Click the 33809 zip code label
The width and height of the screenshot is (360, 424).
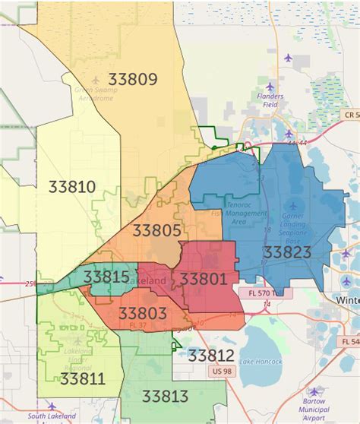132,79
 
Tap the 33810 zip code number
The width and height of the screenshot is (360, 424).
71,186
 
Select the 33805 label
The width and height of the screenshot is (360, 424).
156,230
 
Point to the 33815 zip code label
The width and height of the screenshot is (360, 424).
106,277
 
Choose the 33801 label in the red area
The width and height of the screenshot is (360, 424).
203,280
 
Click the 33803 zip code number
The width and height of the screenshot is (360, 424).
143,312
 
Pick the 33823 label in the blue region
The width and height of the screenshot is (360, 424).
287,252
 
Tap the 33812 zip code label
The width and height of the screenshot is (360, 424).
211,355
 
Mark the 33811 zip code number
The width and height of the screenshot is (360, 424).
84,378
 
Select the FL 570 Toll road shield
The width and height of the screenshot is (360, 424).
249,292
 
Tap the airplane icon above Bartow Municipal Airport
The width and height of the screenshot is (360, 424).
314,392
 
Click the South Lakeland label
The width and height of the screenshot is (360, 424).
52,416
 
